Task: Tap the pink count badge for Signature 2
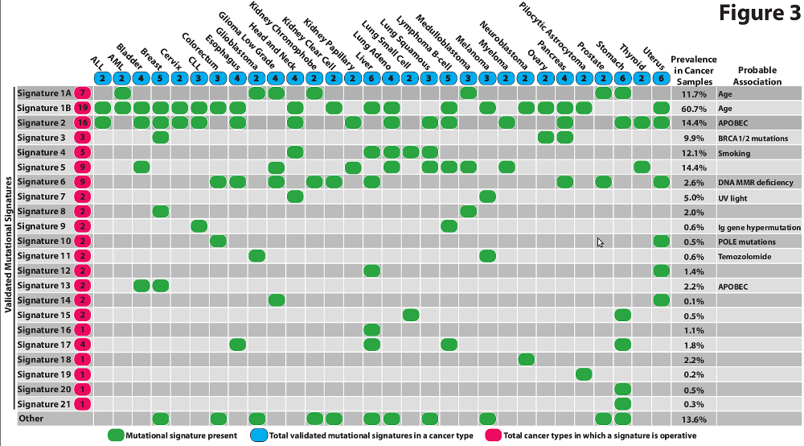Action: pos(82,122)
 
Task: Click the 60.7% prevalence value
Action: pos(694,108)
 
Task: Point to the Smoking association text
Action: pos(735,152)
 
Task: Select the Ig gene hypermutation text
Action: pos(758,226)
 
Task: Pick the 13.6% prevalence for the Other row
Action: pos(694,419)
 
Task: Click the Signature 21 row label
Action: pos(43,404)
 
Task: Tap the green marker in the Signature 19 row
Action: pos(584,374)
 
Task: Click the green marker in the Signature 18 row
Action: pos(526,359)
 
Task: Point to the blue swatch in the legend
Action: pos(259,436)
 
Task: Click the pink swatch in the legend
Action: pos(491,436)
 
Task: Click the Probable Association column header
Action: pos(757,76)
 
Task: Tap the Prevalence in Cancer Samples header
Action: pos(694,70)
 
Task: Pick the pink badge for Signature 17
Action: pos(82,345)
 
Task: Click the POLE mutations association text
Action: pos(747,242)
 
